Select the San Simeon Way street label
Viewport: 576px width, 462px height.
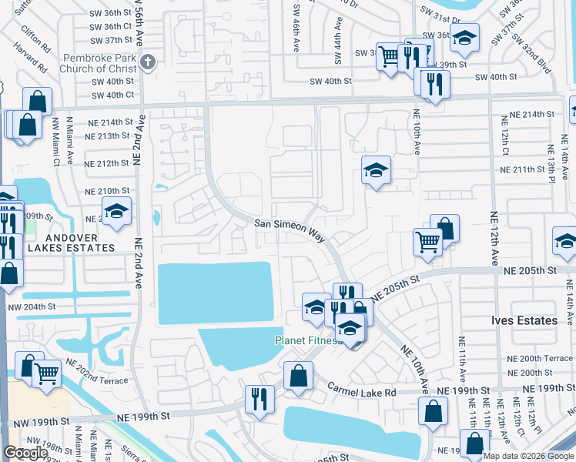(x=290, y=228)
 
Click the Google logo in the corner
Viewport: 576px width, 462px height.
(x=25, y=453)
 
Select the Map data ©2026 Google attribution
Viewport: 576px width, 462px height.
(x=528, y=456)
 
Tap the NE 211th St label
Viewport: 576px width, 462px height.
(x=527, y=169)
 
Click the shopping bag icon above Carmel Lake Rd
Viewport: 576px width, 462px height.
(x=298, y=375)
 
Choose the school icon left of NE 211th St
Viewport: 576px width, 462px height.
(x=376, y=170)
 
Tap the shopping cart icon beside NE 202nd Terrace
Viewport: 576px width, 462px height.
(x=47, y=373)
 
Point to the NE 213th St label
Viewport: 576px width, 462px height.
(x=109, y=136)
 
